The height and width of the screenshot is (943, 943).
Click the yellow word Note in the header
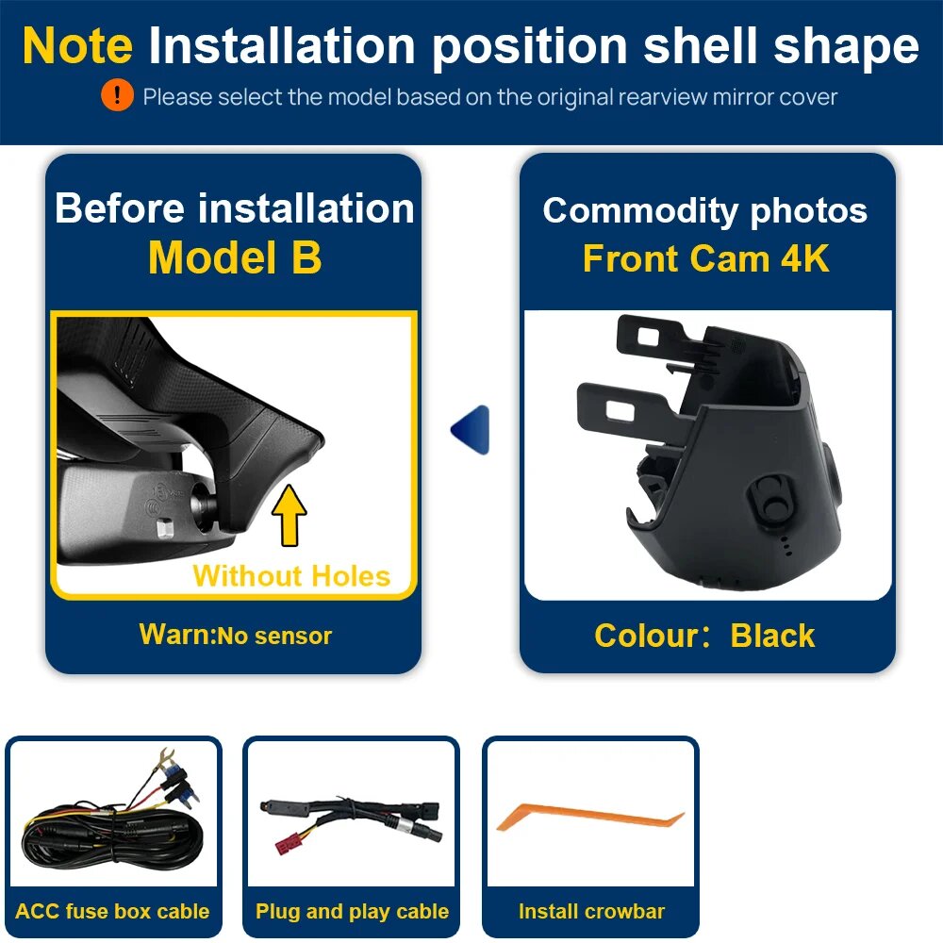click(x=77, y=45)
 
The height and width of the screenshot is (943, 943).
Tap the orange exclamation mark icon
click(x=117, y=95)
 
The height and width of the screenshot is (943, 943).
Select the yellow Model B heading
click(x=235, y=257)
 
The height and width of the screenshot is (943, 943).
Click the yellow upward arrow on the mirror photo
click(x=290, y=515)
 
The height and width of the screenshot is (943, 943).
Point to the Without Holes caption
click(x=291, y=576)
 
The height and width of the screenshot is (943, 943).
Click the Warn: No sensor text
click(x=235, y=635)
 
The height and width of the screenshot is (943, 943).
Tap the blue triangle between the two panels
click(x=471, y=429)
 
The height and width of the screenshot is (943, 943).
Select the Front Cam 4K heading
click(x=706, y=258)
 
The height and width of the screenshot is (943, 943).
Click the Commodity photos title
click(x=704, y=210)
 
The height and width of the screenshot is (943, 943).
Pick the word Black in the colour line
click(x=773, y=636)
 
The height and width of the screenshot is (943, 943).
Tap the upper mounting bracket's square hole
click(x=649, y=337)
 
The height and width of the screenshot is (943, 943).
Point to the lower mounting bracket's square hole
click(x=620, y=411)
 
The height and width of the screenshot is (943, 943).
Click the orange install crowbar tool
click(x=590, y=819)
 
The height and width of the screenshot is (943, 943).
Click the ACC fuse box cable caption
click(x=112, y=911)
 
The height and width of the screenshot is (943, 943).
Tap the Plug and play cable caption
click(x=352, y=912)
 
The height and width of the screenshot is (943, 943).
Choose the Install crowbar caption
click(x=592, y=912)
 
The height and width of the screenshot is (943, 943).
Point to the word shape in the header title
click(x=846, y=47)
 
